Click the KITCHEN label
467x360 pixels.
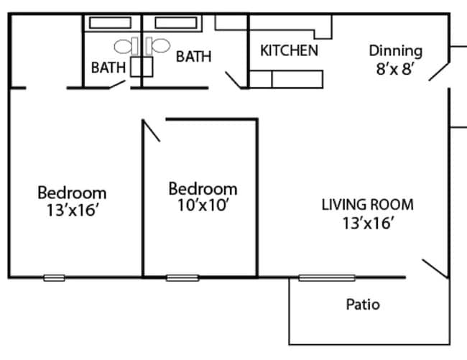[x=289, y=51]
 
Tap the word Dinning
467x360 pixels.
[x=395, y=51]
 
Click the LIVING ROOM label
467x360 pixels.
[x=367, y=204]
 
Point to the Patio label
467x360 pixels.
[x=363, y=304]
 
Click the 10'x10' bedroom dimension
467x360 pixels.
[x=203, y=206]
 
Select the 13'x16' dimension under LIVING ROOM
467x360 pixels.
[x=368, y=223]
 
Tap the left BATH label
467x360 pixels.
[x=108, y=68]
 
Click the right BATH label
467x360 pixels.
[x=194, y=56]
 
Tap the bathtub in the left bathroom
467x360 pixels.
[x=110, y=22]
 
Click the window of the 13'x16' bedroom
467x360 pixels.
[x=54, y=277]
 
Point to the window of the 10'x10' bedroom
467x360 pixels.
[x=182, y=277]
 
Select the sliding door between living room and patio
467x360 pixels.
[x=327, y=277]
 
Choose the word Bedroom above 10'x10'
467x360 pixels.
[x=203, y=188]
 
